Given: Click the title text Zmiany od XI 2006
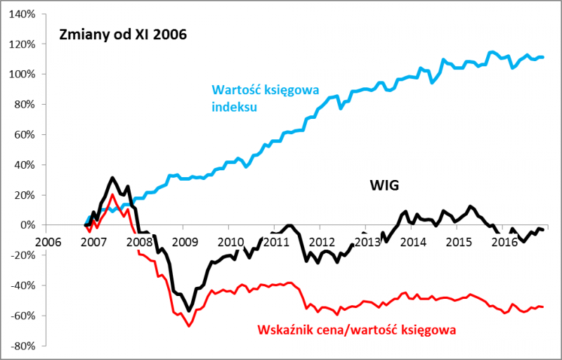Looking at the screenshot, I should pyautogui.click(x=123, y=34).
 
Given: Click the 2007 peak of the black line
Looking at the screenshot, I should pyautogui.click(x=112, y=178).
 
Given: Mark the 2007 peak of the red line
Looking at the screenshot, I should pyautogui.click(x=112, y=195).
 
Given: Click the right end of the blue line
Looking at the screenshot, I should pyautogui.click(x=543, y=57).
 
